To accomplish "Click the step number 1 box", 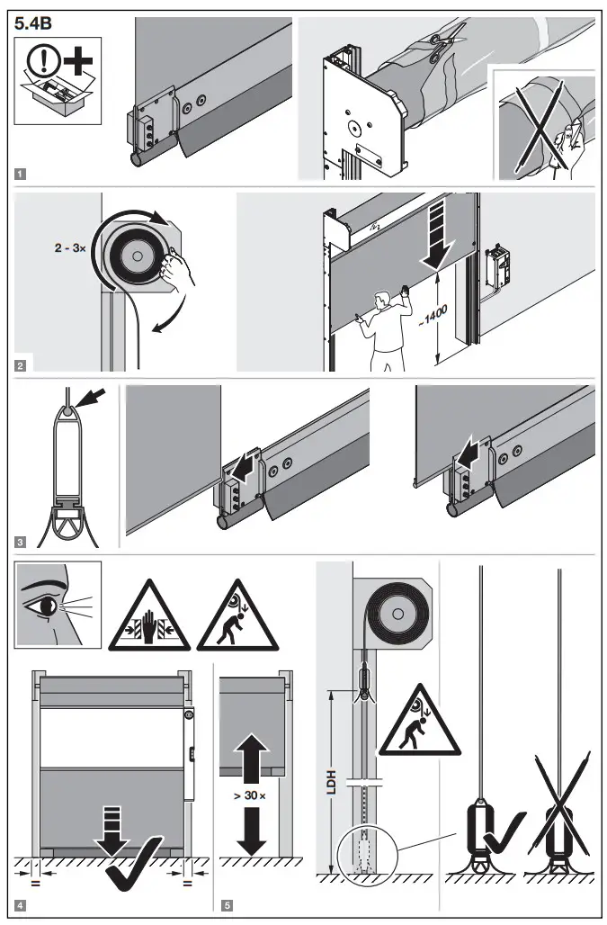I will click(21, 173).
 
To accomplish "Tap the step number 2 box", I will click(21, 365).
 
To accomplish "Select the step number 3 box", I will click(21, 542).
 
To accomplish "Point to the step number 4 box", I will click(21, 903).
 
